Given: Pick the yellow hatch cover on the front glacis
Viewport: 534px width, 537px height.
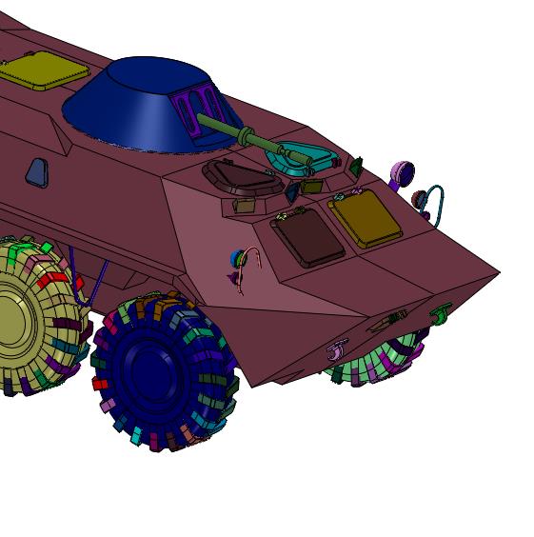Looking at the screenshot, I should tap(365, 219).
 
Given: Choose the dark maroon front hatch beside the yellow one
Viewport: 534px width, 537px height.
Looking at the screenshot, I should tap(307, 238).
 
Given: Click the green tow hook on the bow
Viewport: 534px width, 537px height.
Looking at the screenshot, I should tap(442, 313).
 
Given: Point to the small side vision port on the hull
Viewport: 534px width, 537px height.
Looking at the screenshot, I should tap(35, 171).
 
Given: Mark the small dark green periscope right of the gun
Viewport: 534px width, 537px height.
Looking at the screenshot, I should tap(355, 167).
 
